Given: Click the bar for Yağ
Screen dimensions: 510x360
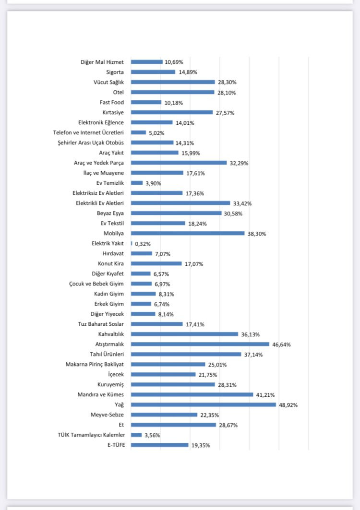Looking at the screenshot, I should click(203, 404).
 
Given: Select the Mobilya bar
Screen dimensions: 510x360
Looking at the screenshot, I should click(188, 233).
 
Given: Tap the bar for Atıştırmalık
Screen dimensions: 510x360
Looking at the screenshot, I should click(200, 344).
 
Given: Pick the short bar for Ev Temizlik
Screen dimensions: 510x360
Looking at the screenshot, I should click(137, 183).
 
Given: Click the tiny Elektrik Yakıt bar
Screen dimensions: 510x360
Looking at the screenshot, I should click(132, 243).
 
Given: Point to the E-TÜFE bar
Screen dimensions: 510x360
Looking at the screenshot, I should click(159, 445).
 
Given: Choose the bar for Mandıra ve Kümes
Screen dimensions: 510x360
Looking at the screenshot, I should click(192, 394).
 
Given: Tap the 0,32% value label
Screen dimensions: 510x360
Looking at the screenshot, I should click(143, 244).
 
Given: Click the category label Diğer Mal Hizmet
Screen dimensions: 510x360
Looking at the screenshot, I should click(102, 62).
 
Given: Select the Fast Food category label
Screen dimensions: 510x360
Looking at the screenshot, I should click(111, 102).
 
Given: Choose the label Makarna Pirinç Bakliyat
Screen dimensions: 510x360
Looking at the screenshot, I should click(95, 364).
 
